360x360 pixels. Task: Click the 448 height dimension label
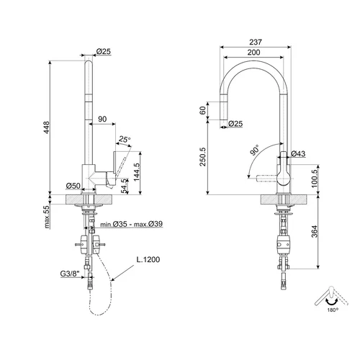pyautogui.click(x=47, y=127)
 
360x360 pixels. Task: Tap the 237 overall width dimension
pyautogui.click(x=256, y=42)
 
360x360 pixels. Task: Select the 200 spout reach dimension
pyautogui.click(x=253, y=53)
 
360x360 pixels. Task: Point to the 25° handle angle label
pyautogui.click(x=125, y=139)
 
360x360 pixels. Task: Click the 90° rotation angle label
pyautogui.click(x=255, y=150)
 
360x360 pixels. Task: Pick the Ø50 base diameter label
pyautogui.click(x=73, y=186)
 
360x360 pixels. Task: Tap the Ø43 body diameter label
pyautogui.click(x=298, y=153)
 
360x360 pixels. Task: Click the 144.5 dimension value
pyautogui.click(x=137, y=172)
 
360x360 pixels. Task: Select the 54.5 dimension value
pyautogui.click(x=124, y=186)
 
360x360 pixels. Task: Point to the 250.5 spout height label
pyautogui.click(x=203, y=157)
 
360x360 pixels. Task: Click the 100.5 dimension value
pyautogui.click(x=315, y=179)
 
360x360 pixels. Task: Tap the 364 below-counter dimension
pyautogui.click(x=315, y=231)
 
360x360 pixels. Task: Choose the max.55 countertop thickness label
pyautogui.click(x=47, y=217)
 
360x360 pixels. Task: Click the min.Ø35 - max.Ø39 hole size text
pyautogui.click(x=131, y=224)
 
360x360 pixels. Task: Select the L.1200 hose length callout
pyautogui.click(x=148, y=259)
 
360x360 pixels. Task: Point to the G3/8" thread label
pyautogui.click(x=70, y=274)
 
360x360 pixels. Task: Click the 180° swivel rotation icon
pyautogui.click(x=331, y=299)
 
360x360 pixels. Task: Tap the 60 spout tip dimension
pyautogui.click(x=203, y=110)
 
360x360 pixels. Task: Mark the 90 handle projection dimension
pyautogui.click(x=102, y=119)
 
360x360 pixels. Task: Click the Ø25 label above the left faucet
pyautogui.click(x=104, y=51)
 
